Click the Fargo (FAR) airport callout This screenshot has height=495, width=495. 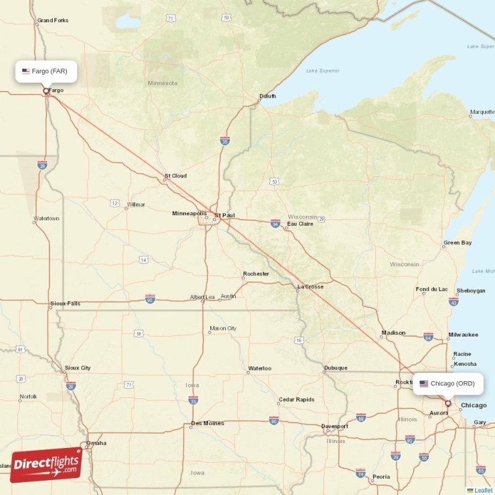point(47,71)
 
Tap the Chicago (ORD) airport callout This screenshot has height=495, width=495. point(447,384)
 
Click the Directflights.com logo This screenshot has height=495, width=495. point(46,464)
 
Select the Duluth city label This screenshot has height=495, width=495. point(267,96)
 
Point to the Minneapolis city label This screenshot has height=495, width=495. point(189,213)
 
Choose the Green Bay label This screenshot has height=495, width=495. point(458,243)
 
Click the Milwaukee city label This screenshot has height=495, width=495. point(463,335)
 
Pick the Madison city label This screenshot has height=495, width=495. point(394,333)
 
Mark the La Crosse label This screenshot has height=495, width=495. point(310,286)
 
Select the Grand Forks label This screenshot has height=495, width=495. point(53,20)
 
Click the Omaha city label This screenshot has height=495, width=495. point(96,443)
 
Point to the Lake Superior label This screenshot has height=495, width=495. point(323,71)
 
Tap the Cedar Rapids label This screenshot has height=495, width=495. point(296,400)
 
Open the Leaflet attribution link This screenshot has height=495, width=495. point(483,490)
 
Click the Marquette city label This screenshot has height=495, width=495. point(482,113)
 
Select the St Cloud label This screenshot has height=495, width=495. point(175,176)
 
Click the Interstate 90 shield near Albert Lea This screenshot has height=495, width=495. point(150,298)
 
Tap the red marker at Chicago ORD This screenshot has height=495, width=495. point(448,403)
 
